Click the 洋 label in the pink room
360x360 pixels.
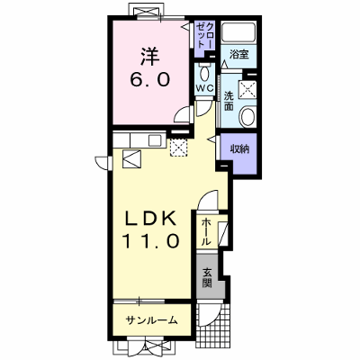pos(150,56)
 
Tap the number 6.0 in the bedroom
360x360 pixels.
pos(150,80)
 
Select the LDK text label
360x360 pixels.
pos(150,219)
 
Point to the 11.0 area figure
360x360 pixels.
pos(151,241)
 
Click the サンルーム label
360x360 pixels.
pos(152,320)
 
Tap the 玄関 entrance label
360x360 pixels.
pos(207,277)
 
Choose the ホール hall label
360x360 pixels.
pos(205,231)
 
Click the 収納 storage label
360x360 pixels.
pos(239,149)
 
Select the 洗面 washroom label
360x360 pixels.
pos(229,101)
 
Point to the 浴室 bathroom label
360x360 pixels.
pos(239,55)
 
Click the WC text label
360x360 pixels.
pos(204,88)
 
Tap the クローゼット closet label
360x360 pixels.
pos(205,35)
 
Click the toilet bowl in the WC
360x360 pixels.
pos(204,73)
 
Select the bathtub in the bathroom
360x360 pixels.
pos(238,32)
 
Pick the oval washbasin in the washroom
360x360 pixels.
pos(247,117)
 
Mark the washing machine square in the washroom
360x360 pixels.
pos(247,89)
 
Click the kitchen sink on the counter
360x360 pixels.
pos(155,140)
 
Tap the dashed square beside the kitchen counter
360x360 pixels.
pos(178,148)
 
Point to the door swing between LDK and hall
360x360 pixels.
pos(208,200)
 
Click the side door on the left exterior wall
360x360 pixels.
pos(103,163)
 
